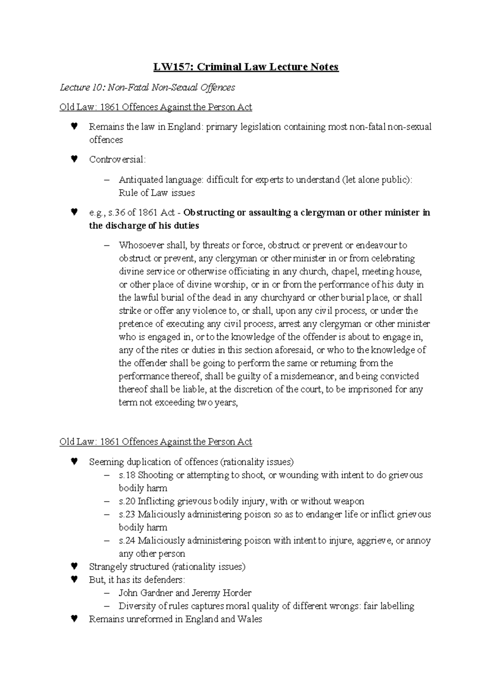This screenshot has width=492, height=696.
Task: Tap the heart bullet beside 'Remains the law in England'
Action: tap(74, 127)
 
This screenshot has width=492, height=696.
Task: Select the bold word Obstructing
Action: tap(208, 213)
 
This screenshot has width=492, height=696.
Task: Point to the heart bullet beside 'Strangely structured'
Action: tap(74, 567)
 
